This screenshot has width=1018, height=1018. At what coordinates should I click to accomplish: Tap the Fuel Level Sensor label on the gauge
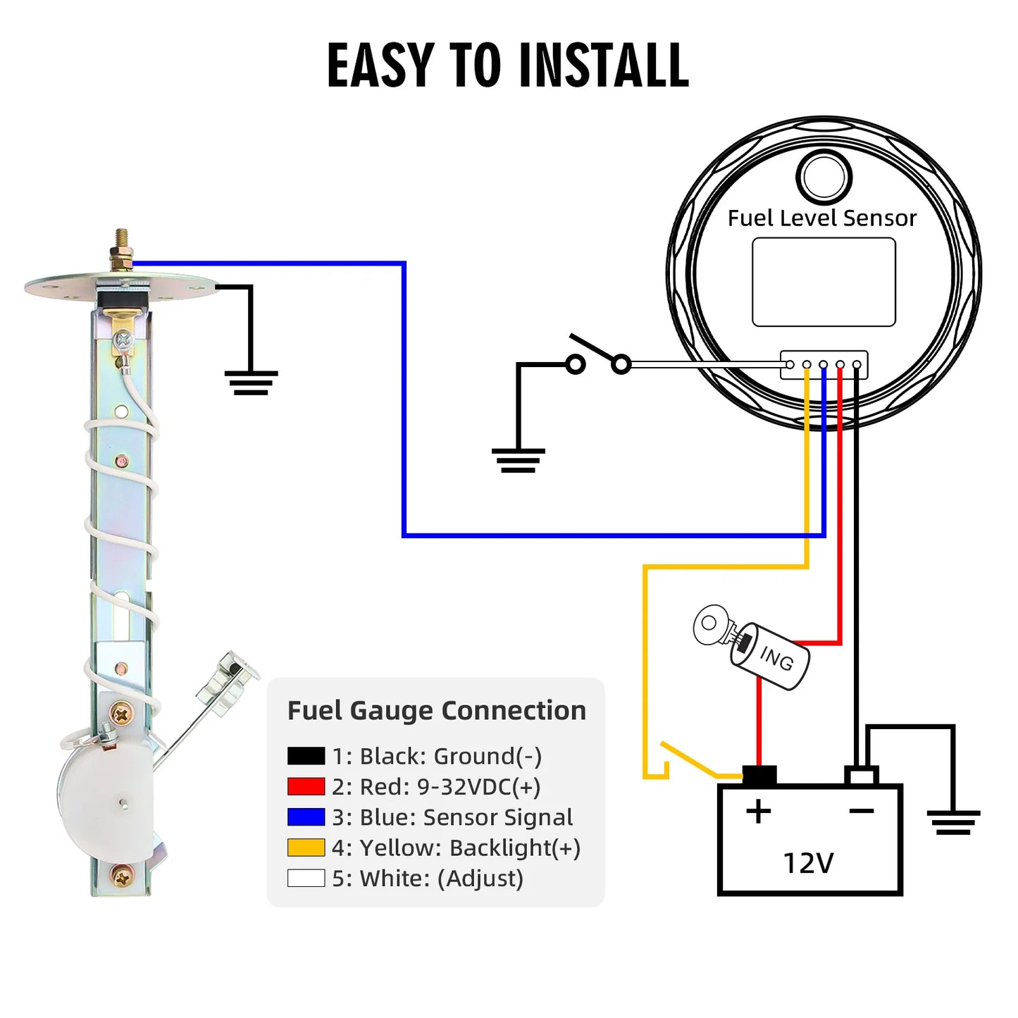821,218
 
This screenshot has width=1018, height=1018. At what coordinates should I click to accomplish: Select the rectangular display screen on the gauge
824,282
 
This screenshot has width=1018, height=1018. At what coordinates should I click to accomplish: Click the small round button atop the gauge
824,177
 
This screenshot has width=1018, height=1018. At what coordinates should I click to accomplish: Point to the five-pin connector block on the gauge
824,365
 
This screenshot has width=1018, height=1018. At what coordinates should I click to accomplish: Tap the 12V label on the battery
809,863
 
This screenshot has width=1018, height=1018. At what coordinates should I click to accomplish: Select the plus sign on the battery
758,812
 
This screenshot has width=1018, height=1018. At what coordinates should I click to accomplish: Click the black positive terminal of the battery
759,776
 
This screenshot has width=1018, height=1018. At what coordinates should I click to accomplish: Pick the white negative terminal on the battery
861,776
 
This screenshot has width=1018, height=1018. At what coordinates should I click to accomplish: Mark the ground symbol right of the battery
953,822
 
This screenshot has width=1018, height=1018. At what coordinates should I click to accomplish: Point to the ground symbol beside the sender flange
251,382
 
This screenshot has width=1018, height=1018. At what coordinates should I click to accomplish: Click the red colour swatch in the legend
306,786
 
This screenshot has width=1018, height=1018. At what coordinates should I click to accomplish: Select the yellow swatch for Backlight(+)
306,848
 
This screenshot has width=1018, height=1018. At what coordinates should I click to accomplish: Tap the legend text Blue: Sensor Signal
452,817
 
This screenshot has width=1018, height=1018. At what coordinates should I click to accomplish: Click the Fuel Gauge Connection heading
437,710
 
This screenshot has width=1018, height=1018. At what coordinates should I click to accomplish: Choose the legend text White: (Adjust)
428,879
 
